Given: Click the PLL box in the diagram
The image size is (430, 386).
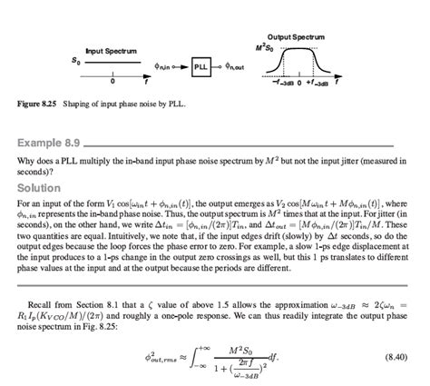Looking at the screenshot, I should click(x=200, y=66).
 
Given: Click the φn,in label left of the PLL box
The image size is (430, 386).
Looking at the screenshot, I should click(x=161, y=66).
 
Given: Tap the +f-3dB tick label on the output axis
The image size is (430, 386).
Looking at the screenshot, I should click(x=326, y=81).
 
